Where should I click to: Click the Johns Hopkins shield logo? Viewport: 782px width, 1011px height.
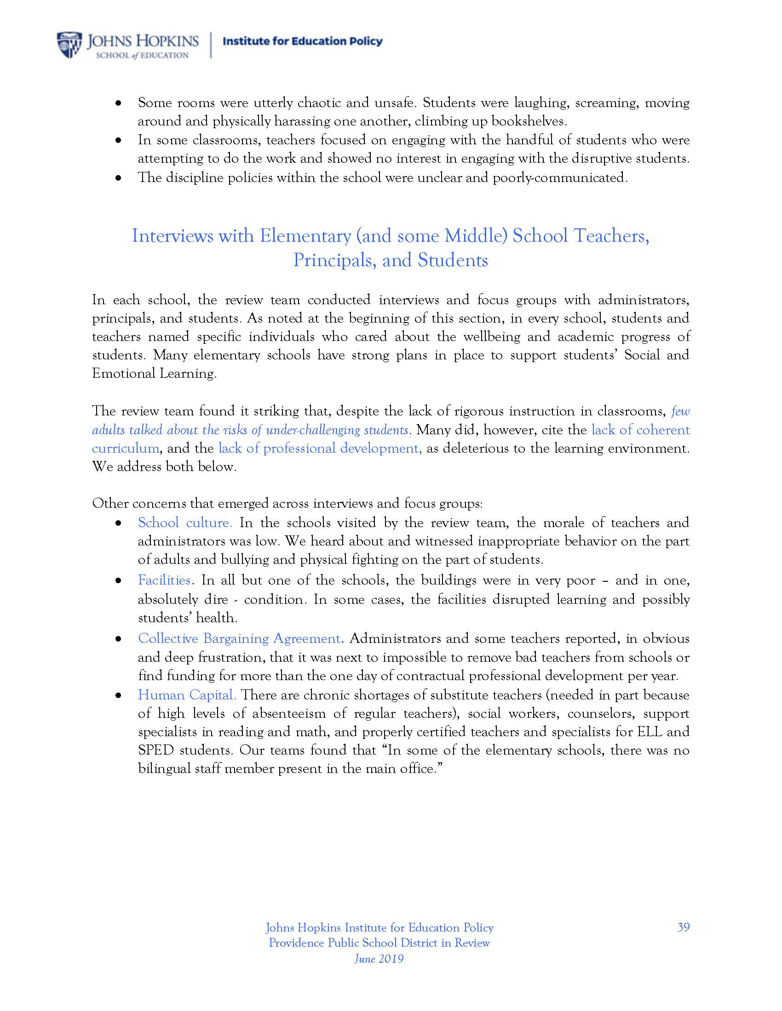[x=69, y=45]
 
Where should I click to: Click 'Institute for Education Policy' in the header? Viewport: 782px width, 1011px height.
[x=303, y=41]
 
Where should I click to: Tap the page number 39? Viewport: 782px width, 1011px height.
[x=683, y=927]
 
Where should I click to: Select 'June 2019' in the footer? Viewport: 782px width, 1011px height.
[x=379, y=958]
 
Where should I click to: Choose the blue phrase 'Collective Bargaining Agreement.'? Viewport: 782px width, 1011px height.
[x=241, y=638]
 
